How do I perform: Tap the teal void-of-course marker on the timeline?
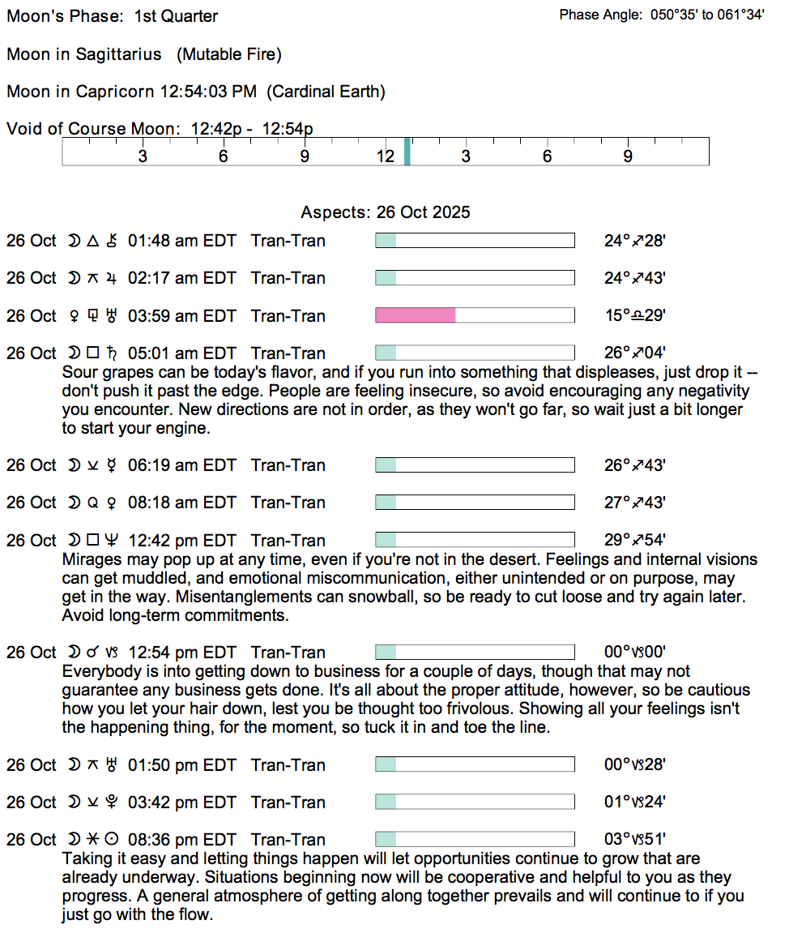coord(407,152)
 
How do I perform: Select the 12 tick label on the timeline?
coord(386,156)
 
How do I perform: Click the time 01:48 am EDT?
coord(181,241)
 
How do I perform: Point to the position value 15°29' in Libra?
coord(635,315)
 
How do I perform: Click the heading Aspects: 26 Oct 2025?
coord(386,212)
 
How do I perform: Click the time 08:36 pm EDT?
coord(181,840)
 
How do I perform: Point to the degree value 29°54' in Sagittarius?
coord(635,541)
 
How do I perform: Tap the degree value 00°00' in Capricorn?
coord(635,653)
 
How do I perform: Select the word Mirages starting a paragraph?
coord(90,560)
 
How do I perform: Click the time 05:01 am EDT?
coord(181,353)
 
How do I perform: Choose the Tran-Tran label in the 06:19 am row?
coord(288,465)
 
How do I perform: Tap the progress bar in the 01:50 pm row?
coord(475,765)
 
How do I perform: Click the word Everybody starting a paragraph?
coord(98,672)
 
